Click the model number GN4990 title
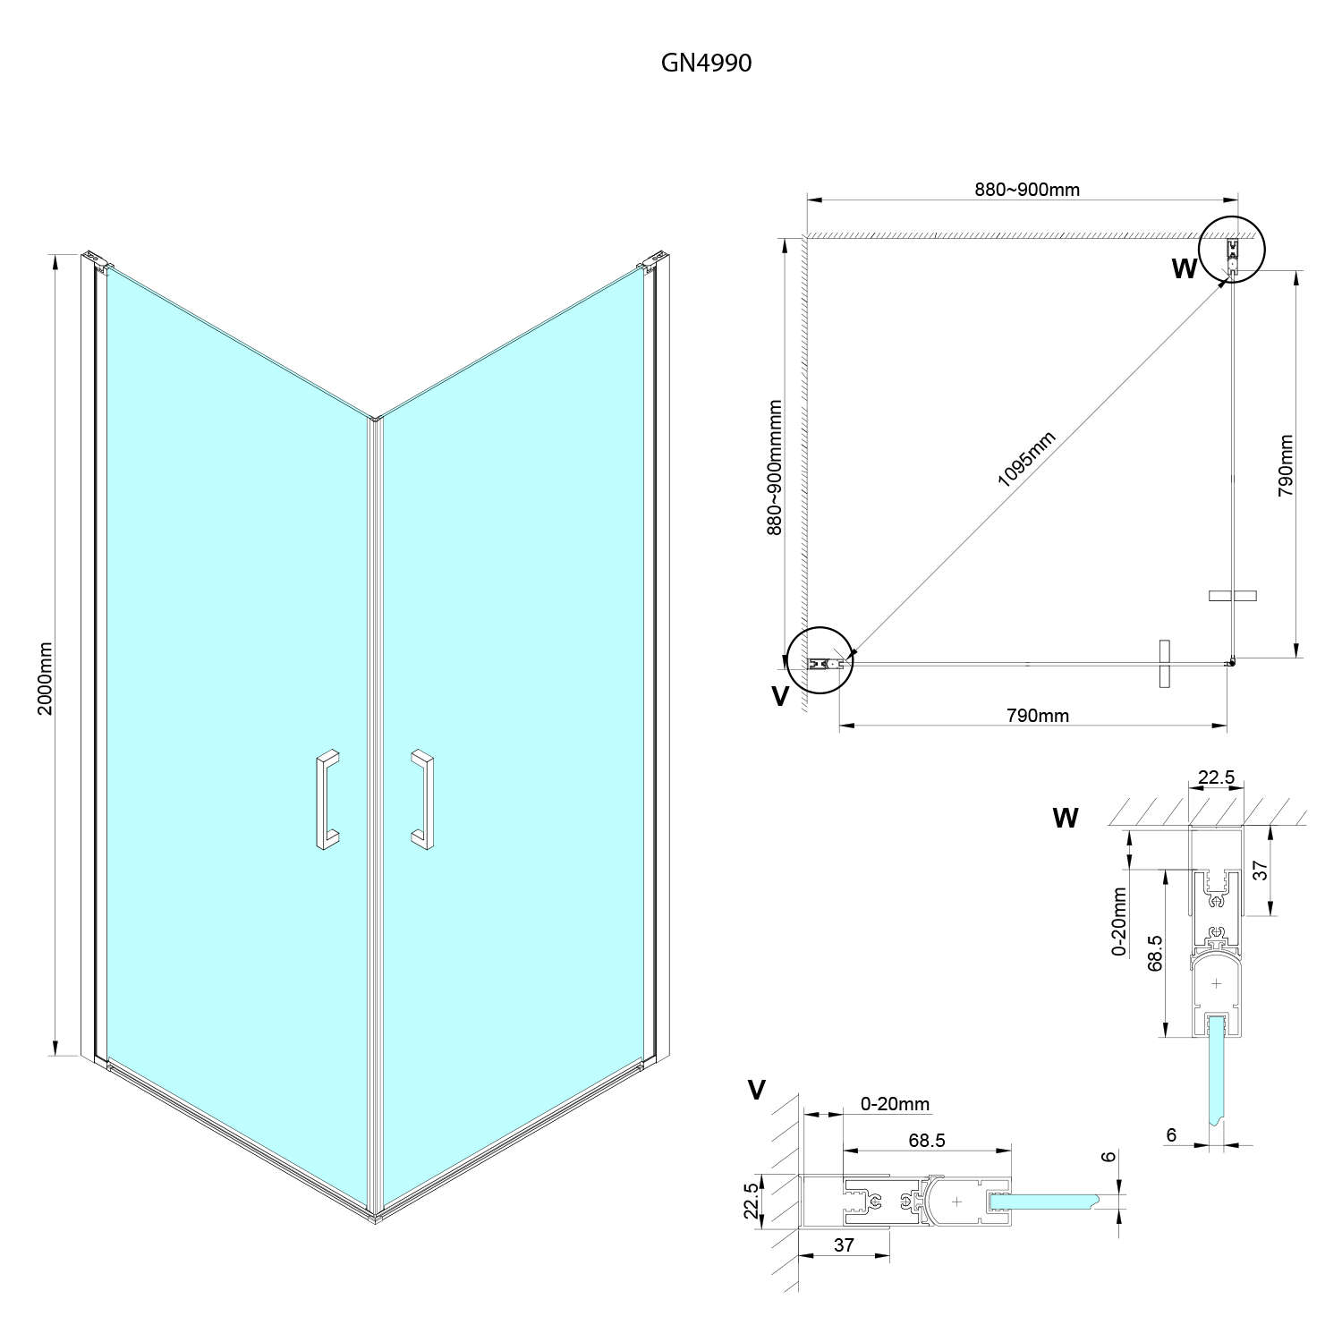[706, 63]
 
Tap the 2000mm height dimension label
[46, 677]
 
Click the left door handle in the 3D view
[327, 798]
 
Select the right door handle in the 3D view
[423, 798]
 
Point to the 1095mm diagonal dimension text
[1026, 459]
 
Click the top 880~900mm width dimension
[1026, 190]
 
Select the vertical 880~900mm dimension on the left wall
[775, 467]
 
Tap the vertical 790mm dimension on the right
[1286, 466]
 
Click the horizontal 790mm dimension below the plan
[1038, 715]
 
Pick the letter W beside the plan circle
[1185, 269]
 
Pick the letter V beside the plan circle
[780, 696]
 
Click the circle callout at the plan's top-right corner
[1233, 250]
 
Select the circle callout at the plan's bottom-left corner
[819, 663]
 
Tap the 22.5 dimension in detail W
[1216, 777]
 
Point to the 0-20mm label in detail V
[895, 1104]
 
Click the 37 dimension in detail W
[1260, 871]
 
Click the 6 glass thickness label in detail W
[1171, 1134]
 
